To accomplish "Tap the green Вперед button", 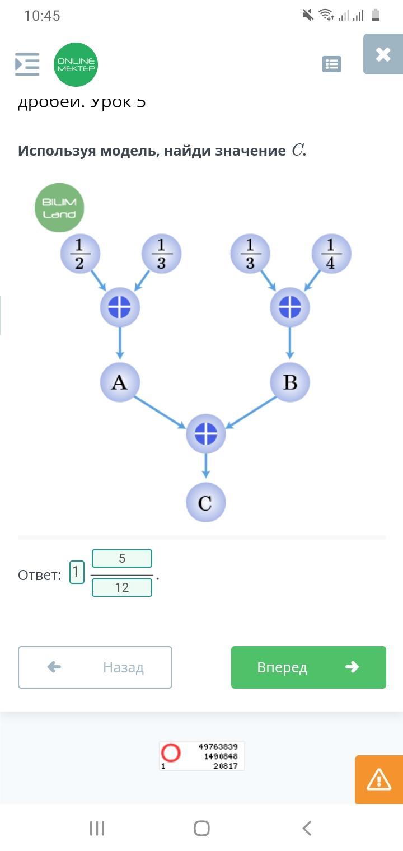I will (308, 667).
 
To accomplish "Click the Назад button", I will (95, 667).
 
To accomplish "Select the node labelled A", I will (119, 382).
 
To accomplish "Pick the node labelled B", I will (289, 382).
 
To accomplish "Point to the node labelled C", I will (205, 503).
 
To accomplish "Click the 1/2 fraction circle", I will (79, 254).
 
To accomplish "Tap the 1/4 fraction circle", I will (331, 254).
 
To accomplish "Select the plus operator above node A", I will (119, 307).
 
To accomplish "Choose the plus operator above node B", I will (289, 307).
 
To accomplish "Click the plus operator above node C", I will (205, 434).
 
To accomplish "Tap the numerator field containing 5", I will (122, 558).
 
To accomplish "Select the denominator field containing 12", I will (122, 587).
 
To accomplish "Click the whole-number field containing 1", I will (77, 572).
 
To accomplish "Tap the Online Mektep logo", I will (76, 64).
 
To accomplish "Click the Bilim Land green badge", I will (59, 208).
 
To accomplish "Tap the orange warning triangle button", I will (378, 779).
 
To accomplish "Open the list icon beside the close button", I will (332, 64).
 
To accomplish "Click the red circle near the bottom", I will (171, 752).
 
